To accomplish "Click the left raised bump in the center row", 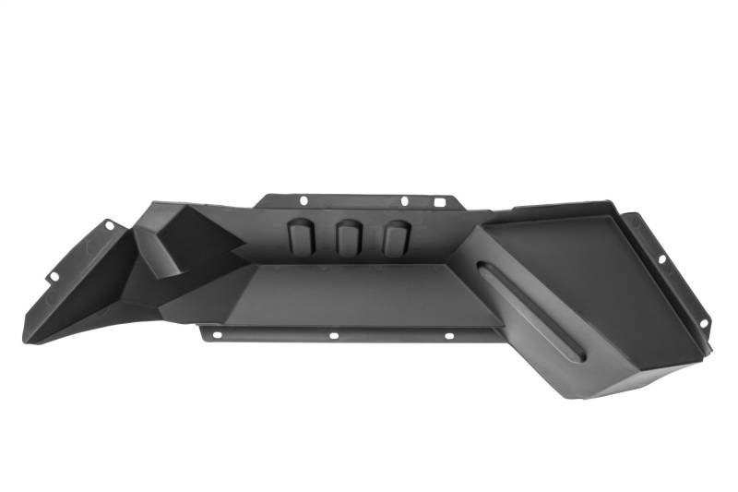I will coord(301,237).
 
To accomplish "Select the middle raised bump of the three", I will coord(348,238).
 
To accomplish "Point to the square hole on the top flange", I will coord(439,202).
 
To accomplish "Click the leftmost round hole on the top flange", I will coord(303,198).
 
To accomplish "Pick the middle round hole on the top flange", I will coord(403,200).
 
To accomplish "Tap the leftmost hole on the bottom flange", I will coord(217,334).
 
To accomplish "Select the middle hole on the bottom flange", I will coord(333,335).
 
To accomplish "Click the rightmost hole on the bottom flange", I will coord(449,335).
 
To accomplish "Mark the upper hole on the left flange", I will coord(109,224).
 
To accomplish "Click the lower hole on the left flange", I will coord(54,275).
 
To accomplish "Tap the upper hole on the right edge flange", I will coord(661,259).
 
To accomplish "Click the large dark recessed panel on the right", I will coord(600,277).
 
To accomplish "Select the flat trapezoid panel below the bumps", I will coord(360,294).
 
